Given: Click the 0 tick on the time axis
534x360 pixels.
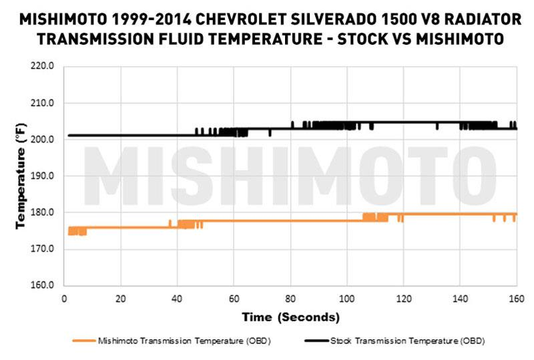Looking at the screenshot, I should pos(63,298).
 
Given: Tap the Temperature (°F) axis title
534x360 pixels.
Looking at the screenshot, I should pos(21,176).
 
